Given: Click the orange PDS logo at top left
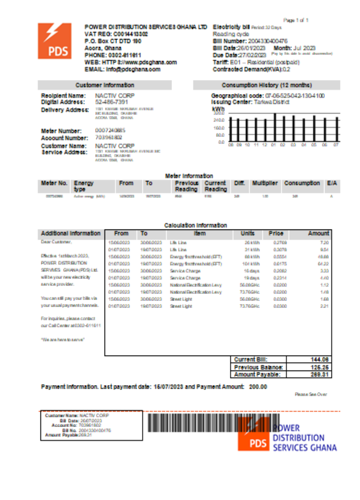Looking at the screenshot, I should click(54, 41).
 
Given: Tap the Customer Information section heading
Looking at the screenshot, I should click(104, 85).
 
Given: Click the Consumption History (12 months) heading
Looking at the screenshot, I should click(266, 85).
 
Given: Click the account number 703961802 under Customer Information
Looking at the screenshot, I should click(108, 137).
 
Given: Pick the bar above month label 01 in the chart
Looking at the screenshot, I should click(274, 127).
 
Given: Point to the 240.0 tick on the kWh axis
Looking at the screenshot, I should click(218, 120).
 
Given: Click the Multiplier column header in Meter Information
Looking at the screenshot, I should click(265, 183).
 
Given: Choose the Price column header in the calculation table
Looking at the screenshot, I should click(275, 233).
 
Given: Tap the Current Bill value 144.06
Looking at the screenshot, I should click(320, 359).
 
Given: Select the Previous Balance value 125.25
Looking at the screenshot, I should click(320, 367).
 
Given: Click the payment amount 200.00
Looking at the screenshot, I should click(258, 386).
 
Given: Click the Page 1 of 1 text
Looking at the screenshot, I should click(296, 20).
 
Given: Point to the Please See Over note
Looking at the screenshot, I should click(310, 394).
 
